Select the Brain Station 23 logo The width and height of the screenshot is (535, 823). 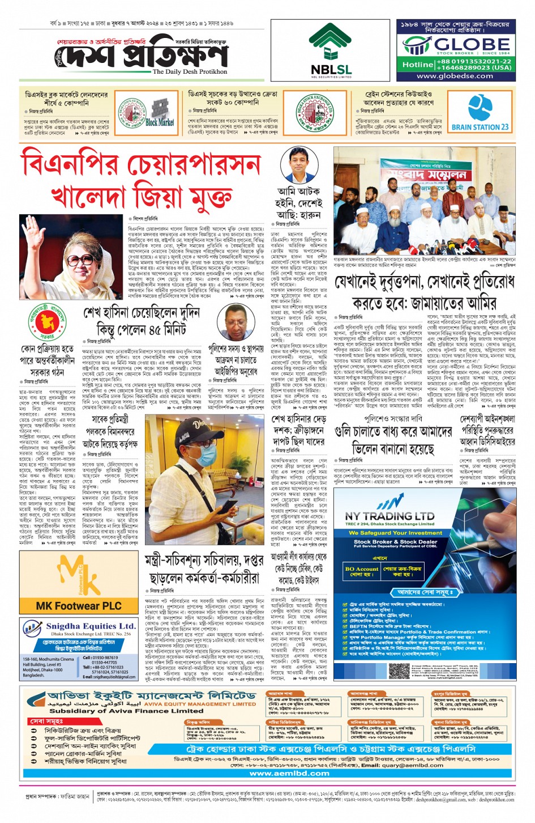[x=480, y=113]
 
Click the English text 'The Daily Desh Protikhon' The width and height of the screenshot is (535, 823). [x=190, y=72]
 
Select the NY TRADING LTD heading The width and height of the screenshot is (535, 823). [x=390, y=516]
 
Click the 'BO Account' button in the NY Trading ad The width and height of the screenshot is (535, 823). [x=361, y=571]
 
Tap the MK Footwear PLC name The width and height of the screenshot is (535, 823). [x=79, y=605]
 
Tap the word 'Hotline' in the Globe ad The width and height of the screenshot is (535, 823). [x=418, y=65]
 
